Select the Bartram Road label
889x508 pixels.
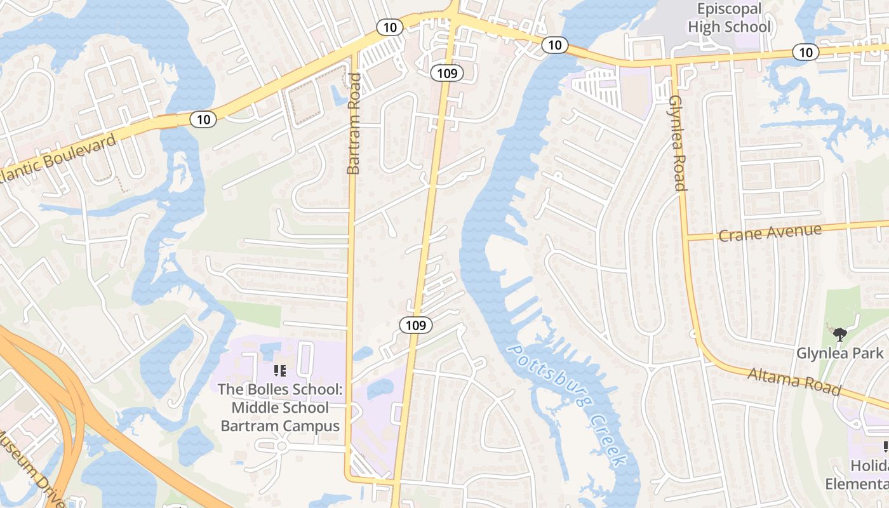click(x=354, y=124)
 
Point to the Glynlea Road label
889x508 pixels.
click(x=677, y=144)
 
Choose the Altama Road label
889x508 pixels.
click(x=794, y=380)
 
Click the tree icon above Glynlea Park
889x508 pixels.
click(x=840, y=333)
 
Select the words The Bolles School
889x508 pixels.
click(x=280, y=389)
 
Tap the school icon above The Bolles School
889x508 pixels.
click(x=280, y=370)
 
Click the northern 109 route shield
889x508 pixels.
click(x=447, y=73)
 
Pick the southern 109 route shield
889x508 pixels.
click(x=416, y=325)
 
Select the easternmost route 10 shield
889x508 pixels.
click(x=806, y=52)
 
